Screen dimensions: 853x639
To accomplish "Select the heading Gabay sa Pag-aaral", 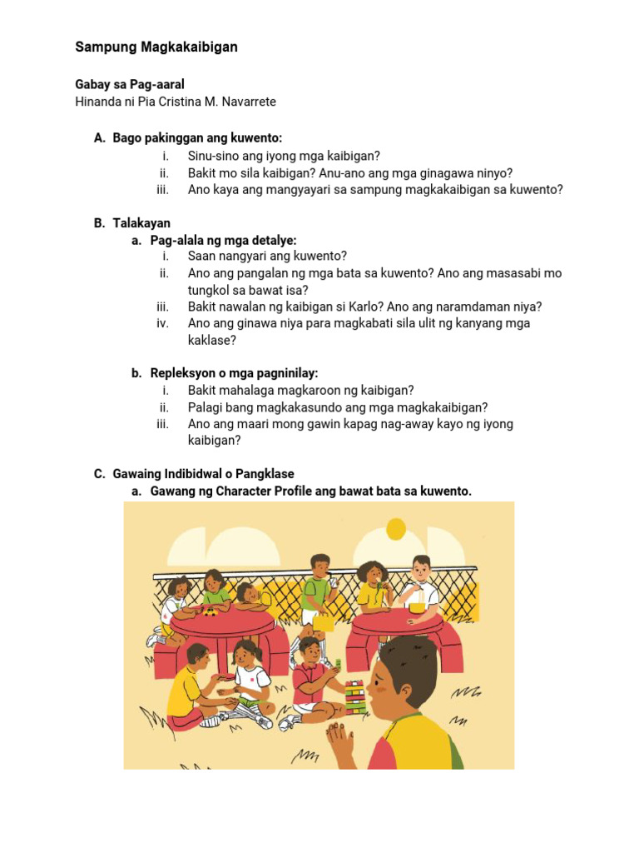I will pos(129,84).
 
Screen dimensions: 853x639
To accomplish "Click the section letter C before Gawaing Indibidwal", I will pos(98,474).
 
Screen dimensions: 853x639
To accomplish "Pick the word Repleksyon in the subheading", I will pos(182,373).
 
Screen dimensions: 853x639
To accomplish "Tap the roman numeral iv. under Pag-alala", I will pos(162,323).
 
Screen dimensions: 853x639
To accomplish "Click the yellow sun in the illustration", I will pos(395,529).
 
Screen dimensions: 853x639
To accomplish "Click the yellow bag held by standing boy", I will pos(324,621).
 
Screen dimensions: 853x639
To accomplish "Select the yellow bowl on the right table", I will pos(416,607).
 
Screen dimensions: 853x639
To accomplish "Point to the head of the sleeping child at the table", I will pos(247,594).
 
